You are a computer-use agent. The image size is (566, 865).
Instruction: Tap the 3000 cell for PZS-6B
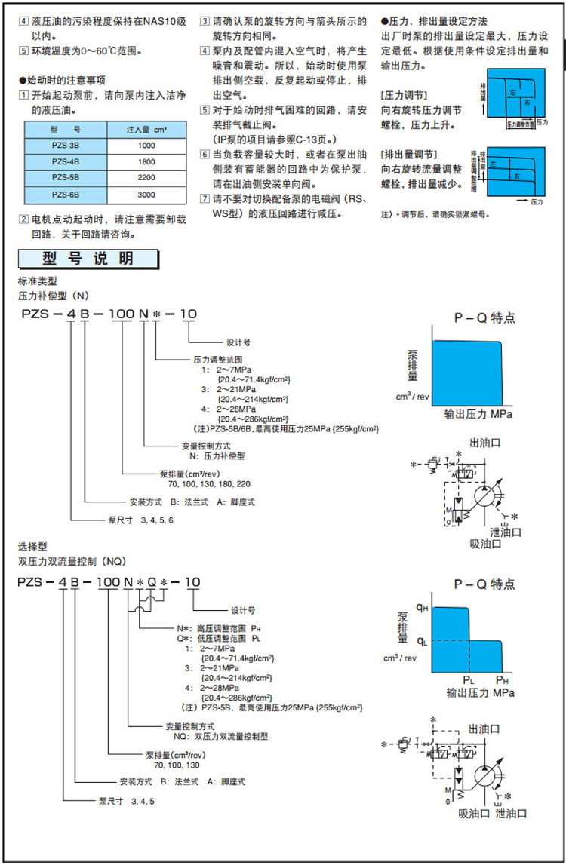[146, 194]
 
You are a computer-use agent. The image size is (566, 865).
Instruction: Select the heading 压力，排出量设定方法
[438, 22]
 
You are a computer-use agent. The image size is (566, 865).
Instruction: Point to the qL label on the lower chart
[423, 642]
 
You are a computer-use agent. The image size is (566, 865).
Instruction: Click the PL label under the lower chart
[469, 679]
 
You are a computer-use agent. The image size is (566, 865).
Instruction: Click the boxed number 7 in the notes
[204, 201]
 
